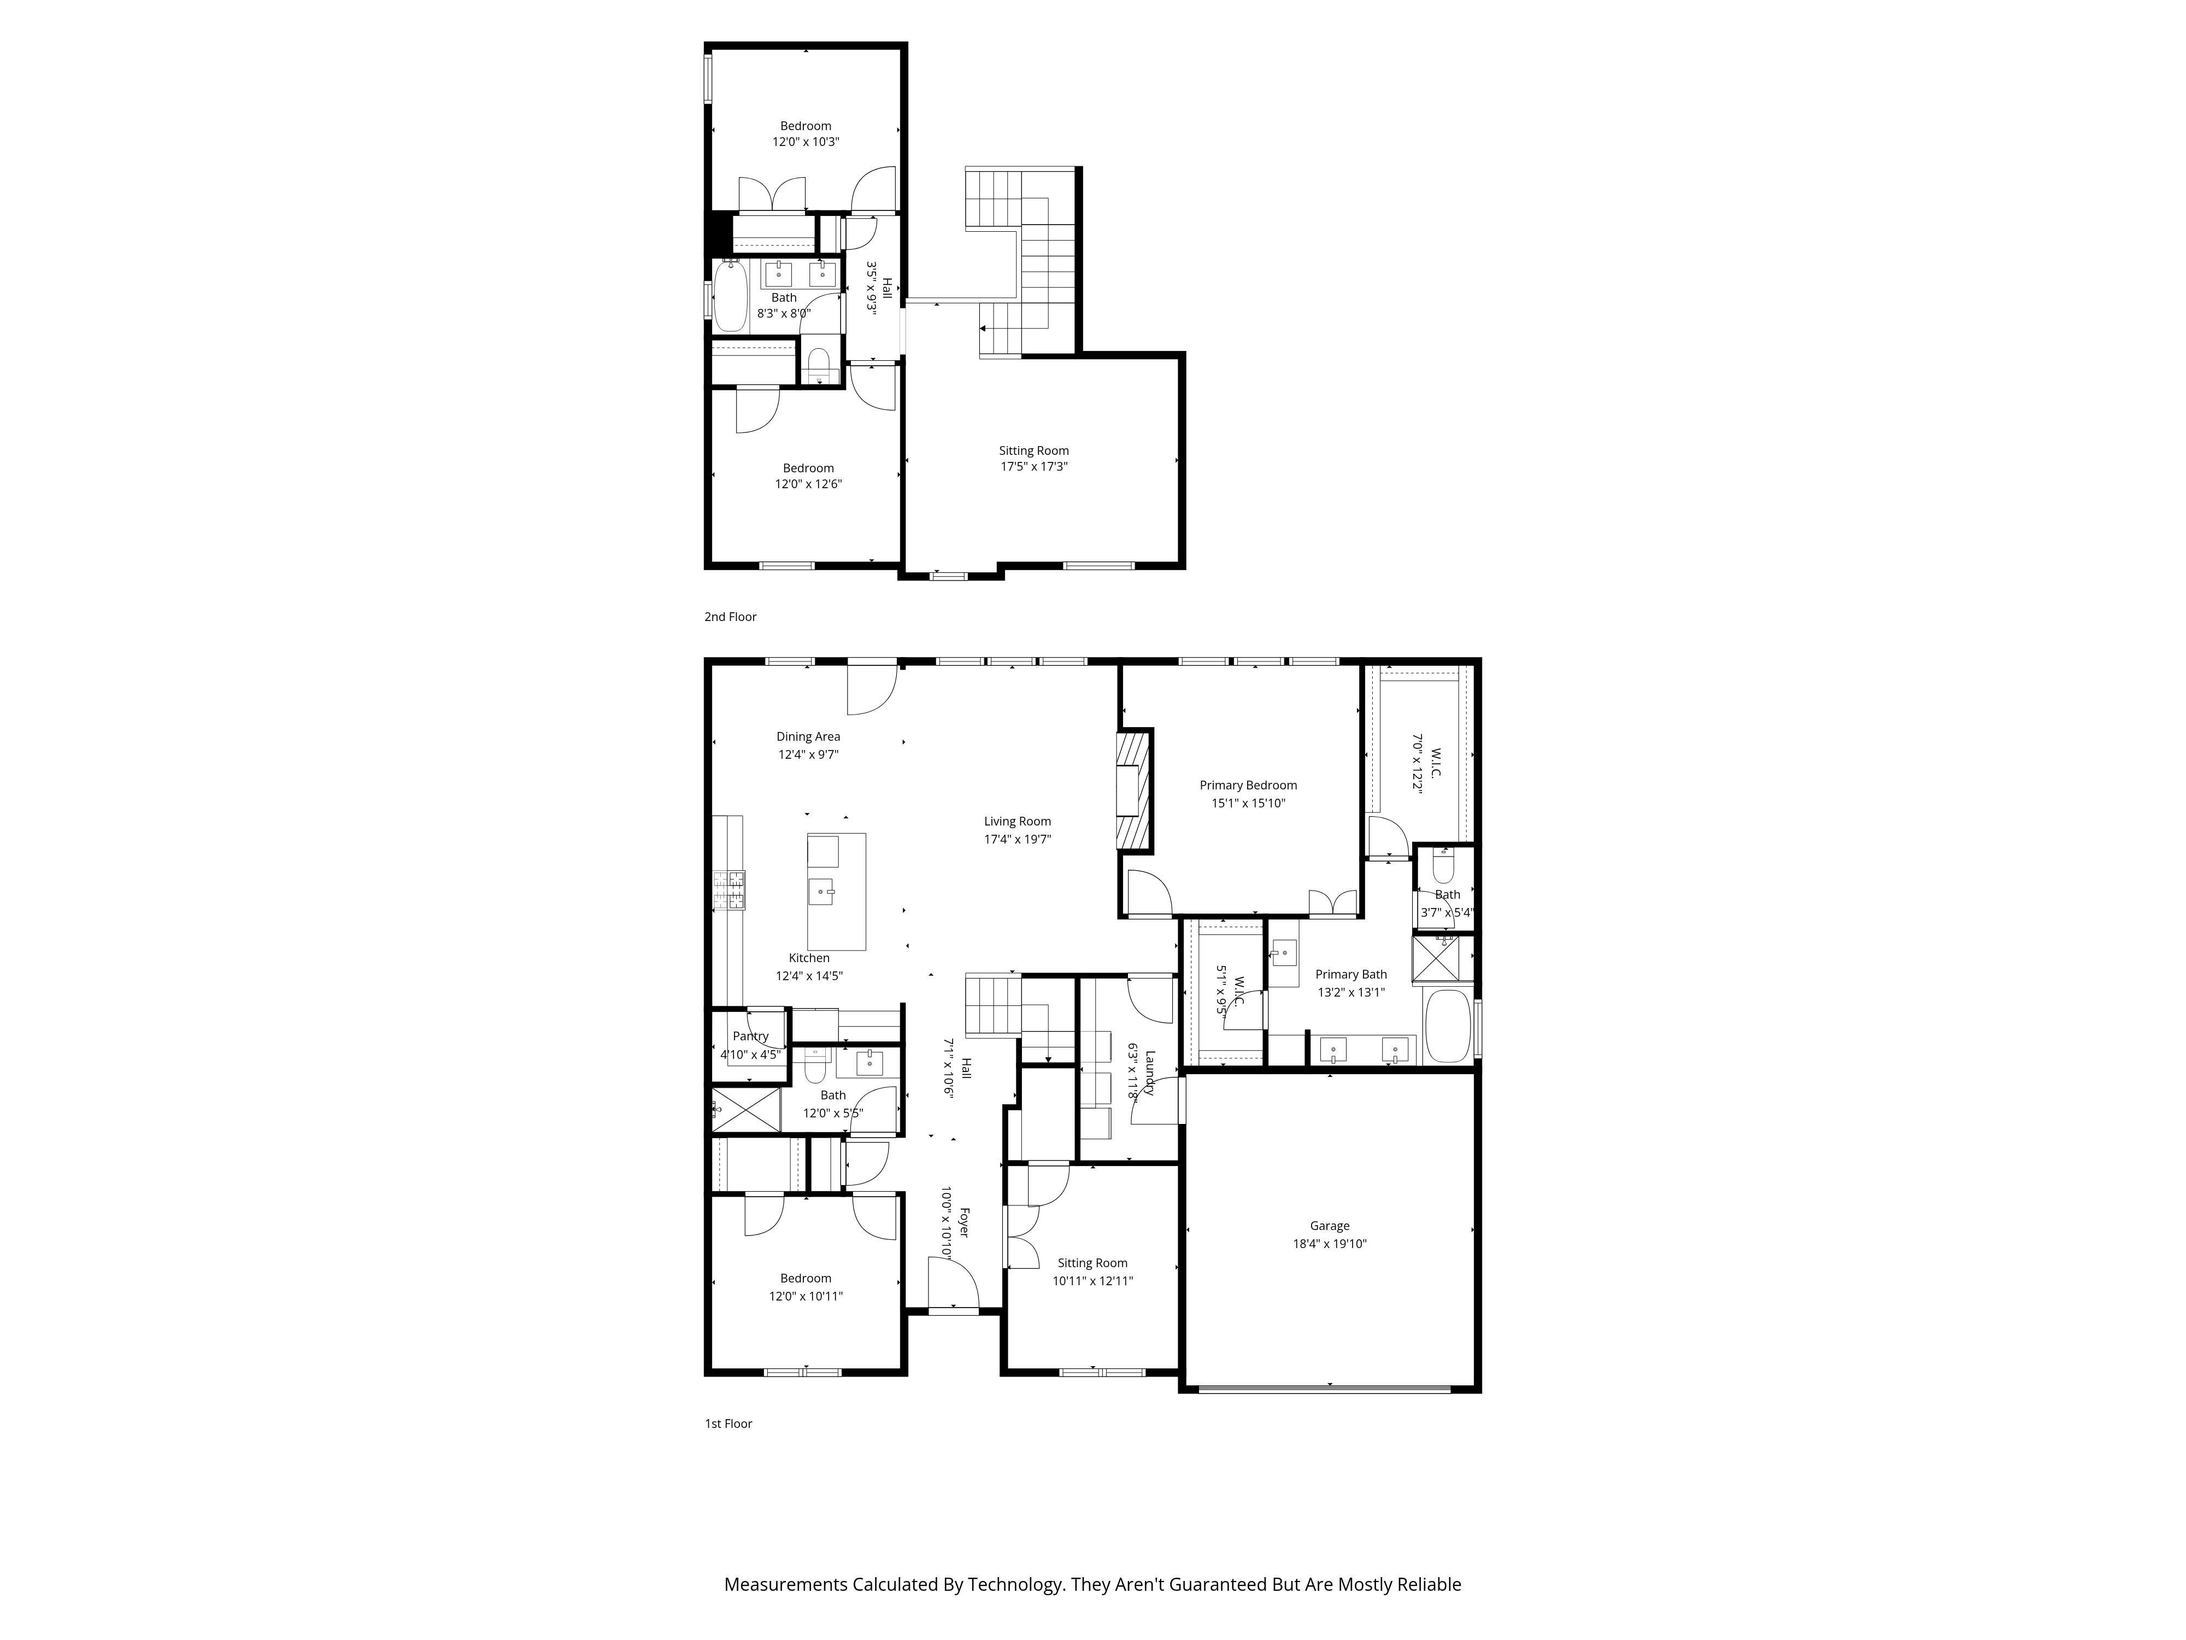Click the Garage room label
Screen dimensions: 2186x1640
coord(1329,1226)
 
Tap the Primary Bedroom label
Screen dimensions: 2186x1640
coord(1248,785)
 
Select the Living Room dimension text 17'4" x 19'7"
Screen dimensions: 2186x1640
coord(1017,839)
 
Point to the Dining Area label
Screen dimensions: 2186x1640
coord(808,736)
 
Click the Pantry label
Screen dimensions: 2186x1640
coord(751,1036)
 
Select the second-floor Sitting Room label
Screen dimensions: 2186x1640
coord(1034,451)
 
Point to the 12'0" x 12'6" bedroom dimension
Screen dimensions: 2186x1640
coord(808,484)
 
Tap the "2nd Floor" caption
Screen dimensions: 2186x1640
coord(730,617)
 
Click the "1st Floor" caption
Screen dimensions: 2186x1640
coord(728,1424)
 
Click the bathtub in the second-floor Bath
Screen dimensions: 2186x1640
coord(730,295)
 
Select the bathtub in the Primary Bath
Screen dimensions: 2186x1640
coord(1448,1026)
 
